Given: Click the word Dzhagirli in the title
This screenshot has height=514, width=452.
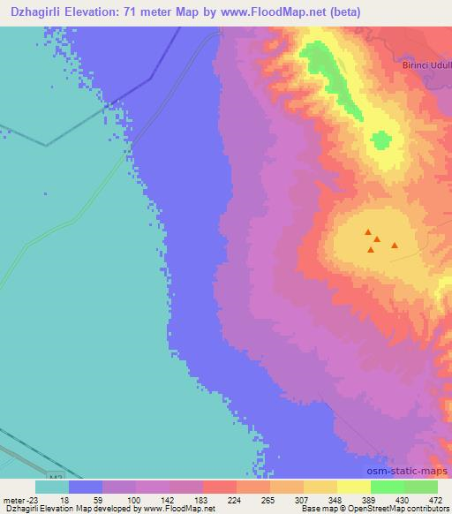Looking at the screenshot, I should pyautogui.click(x=41, y=11).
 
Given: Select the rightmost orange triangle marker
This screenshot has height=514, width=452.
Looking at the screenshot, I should pyautogui.click(x=395, y=246).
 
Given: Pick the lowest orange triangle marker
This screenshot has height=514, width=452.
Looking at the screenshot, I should pyautogui.click(x=371, y=250).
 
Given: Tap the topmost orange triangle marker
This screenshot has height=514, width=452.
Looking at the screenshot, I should pyautogui.click(x=368, y=231).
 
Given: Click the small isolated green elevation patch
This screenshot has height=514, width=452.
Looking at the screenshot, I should pyautogui.click(x=381, y=140).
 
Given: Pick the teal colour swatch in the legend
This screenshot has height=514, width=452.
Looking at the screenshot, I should pyautogui.click(x=52, y=487).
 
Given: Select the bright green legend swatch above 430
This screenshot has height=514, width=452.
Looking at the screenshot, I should pyautogui.click(x=387, y=487).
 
